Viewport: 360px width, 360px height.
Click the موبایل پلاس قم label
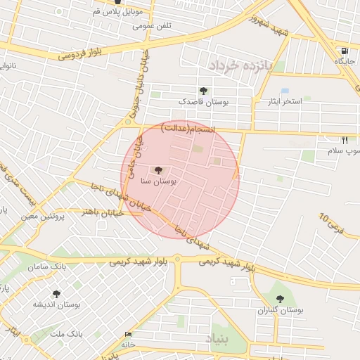pos(117,13)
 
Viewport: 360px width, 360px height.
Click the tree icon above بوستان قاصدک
pos(203,90)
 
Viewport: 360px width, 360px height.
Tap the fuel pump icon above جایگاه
pos(344,51)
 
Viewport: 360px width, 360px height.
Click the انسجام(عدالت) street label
pos(187,127)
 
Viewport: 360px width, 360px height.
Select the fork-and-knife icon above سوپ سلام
pos(345,139)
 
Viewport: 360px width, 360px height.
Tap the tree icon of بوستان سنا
pos(157,169)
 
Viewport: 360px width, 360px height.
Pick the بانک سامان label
pos(47,268)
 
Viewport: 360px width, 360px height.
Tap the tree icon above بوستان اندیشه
pos(56,293)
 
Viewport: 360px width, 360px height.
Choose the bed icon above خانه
pos(127,334)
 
